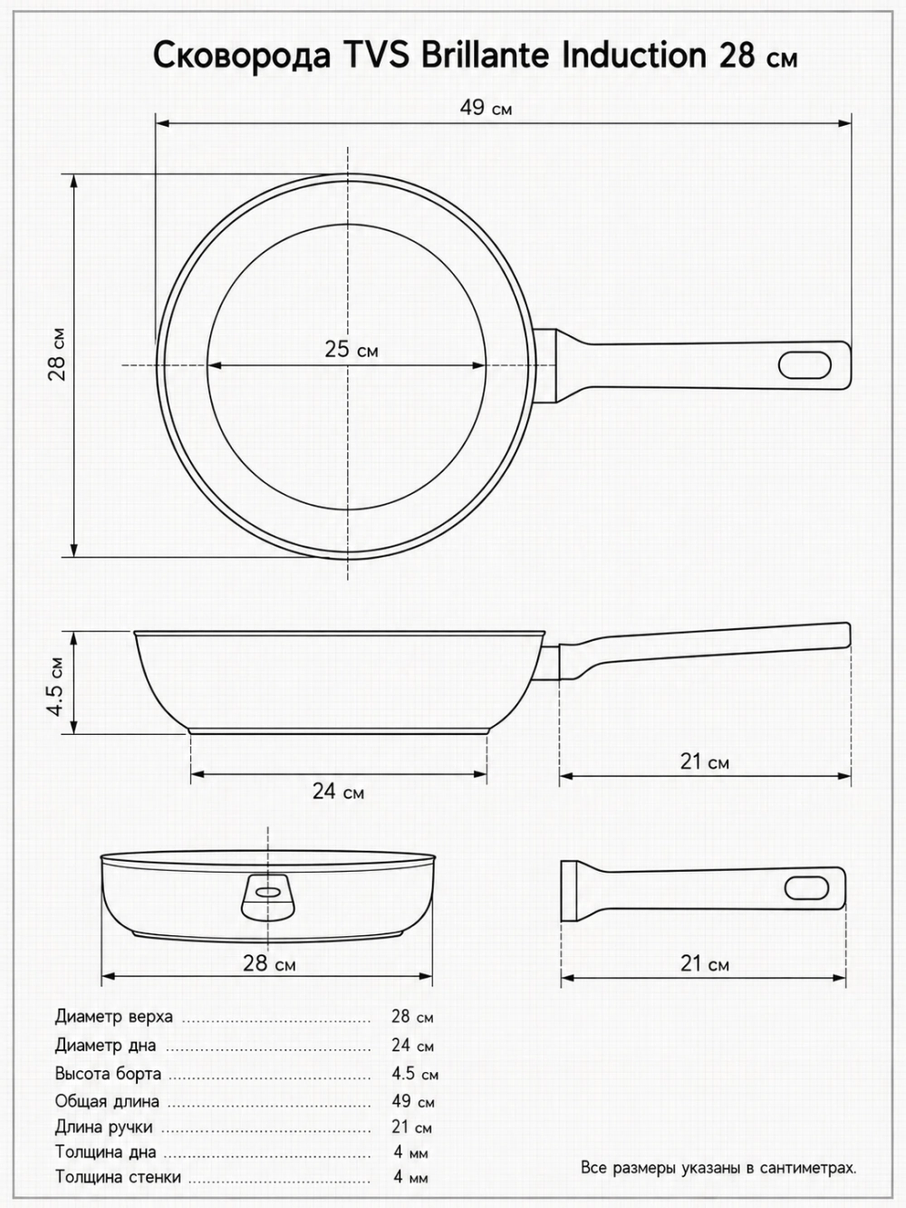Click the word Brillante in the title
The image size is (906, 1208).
pos(485,55)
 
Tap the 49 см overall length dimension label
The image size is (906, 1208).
pos(486,108)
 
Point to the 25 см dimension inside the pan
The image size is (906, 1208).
pos(351,350)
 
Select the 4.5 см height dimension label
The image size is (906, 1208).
pos(55,686)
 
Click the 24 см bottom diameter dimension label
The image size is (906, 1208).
pos(338,791)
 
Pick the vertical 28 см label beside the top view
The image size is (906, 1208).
pos(56,354)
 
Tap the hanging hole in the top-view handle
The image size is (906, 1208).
pos(805,365)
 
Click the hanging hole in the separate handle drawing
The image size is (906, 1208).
pos(806,888)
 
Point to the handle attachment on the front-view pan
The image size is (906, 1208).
pos(268,897)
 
